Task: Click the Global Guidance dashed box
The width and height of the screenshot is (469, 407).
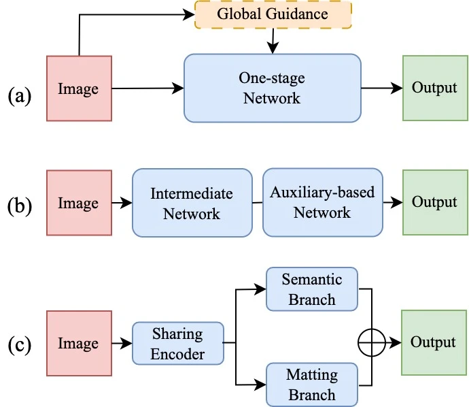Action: pos(273,15)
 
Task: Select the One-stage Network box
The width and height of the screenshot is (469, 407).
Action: pos(273,88)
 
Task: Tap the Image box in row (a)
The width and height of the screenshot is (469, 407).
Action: pos(80,88)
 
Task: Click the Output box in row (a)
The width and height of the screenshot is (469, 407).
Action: pos(435,88)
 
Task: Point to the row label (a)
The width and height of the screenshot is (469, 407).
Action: pos(20,96)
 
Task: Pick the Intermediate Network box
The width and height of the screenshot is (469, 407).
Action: pos(192,203)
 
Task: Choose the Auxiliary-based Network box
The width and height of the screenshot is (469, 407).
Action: pos(323,202)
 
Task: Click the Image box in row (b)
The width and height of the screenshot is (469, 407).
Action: pos(80,203)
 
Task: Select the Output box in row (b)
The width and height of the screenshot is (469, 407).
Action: pos(435,202)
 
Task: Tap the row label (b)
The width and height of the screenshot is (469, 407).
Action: pos(20,206)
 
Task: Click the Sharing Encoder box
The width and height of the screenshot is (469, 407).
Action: pos(178,343)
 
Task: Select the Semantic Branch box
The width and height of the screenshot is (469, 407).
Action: pos(312,289)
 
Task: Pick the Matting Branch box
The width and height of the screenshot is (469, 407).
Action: pos(312,385)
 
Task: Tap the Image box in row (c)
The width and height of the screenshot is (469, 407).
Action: pos(80,343)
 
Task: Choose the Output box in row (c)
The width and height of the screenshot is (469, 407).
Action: pos(434,342)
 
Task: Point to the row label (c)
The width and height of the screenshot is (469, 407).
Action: pos(20,345)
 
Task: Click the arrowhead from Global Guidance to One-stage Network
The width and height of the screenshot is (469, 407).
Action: pos(273,48)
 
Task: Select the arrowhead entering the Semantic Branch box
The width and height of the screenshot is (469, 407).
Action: pos(260,289)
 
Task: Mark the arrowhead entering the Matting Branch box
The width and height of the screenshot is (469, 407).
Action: pos(260,385)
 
